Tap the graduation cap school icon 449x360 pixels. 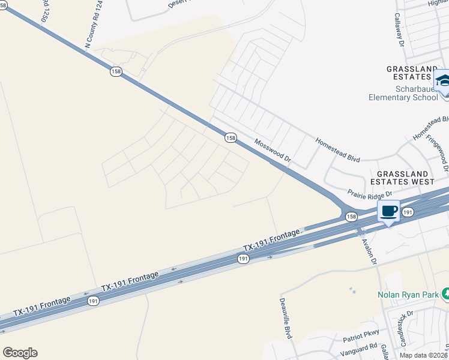[443, 81]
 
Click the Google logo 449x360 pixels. [20, 353]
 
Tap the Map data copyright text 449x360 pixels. [423, 355]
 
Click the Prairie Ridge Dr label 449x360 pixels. [369, 194]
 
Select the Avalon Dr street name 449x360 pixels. [368, 251]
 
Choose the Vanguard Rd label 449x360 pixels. [360, 346]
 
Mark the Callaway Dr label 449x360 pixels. [397, 30]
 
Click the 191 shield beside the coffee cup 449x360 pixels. [408, 212]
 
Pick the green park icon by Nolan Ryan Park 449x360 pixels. [445, 294]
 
